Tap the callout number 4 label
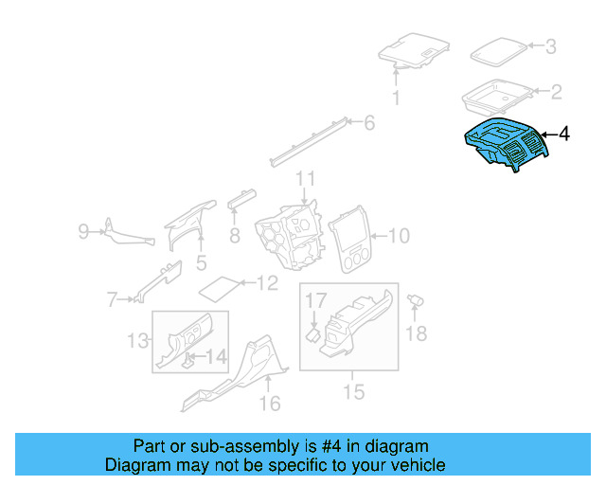point(564,135)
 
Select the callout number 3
point(550,45)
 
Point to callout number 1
point(397,98)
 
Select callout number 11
point(304,179)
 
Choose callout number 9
point(83,230)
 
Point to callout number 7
point(112,301)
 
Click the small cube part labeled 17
point(312,333)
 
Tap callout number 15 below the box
point(353,390)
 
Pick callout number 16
point(270,404)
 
